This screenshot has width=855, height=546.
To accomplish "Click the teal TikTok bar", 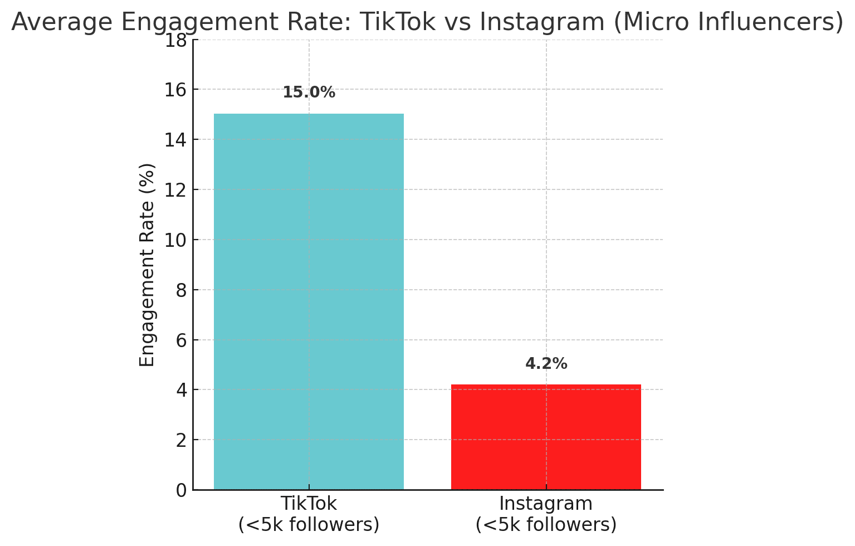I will point(309,301).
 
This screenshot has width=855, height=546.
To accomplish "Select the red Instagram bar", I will point(546,437).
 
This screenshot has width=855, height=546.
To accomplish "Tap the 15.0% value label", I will point(309,92).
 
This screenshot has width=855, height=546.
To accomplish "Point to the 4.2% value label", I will point(546,364).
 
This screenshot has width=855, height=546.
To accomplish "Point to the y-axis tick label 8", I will point(180,290).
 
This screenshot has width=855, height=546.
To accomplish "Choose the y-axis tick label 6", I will point(180,340).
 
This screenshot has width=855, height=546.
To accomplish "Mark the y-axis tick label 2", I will point(180,440).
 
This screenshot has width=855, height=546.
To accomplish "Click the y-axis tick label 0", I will point(180,490).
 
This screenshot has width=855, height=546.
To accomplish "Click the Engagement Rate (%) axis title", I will point(147,265).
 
